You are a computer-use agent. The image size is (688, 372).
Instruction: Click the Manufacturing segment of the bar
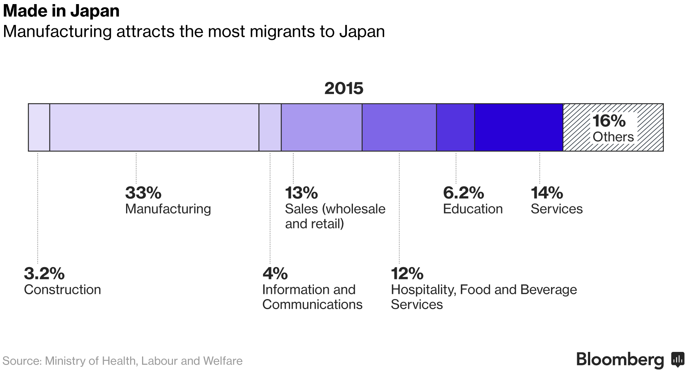click(x=154, y=127)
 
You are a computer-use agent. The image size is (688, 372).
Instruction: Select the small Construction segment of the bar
click(x=39, y=127)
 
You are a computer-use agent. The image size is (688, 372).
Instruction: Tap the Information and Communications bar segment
click(x=270, y=127)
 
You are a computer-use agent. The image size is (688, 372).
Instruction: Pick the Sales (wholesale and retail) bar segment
click(x=321, y=127)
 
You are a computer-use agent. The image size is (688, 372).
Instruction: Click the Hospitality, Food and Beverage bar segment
click(x=399, y=127)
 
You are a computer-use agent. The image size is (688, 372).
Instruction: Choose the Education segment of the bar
click(x=455, y=127)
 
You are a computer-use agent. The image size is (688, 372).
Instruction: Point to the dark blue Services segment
click(x=518, y=127)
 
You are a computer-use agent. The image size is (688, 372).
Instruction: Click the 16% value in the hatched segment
click(x=609, y=121)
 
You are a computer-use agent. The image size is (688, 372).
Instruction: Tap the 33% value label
click(x=143, y=193)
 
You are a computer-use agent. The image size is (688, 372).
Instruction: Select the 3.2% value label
click(x=44, y=273)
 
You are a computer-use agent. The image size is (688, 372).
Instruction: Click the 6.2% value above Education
click(x=463, y=193)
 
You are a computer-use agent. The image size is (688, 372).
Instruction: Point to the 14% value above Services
click(x=547, y=193)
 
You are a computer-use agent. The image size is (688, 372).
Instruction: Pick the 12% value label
click(x=407, y=273)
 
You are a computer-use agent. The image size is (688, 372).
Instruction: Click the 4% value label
click(x=275, y=273)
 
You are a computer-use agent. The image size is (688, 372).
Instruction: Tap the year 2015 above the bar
click(x=344, y=88)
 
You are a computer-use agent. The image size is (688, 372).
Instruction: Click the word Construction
click(x=62, y=289)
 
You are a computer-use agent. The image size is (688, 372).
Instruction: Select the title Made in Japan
click(x=61, y=11)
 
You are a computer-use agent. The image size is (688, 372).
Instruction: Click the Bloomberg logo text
click(x=620, y=359)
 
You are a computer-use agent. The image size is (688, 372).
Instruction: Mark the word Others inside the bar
click(x=613, y=137)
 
